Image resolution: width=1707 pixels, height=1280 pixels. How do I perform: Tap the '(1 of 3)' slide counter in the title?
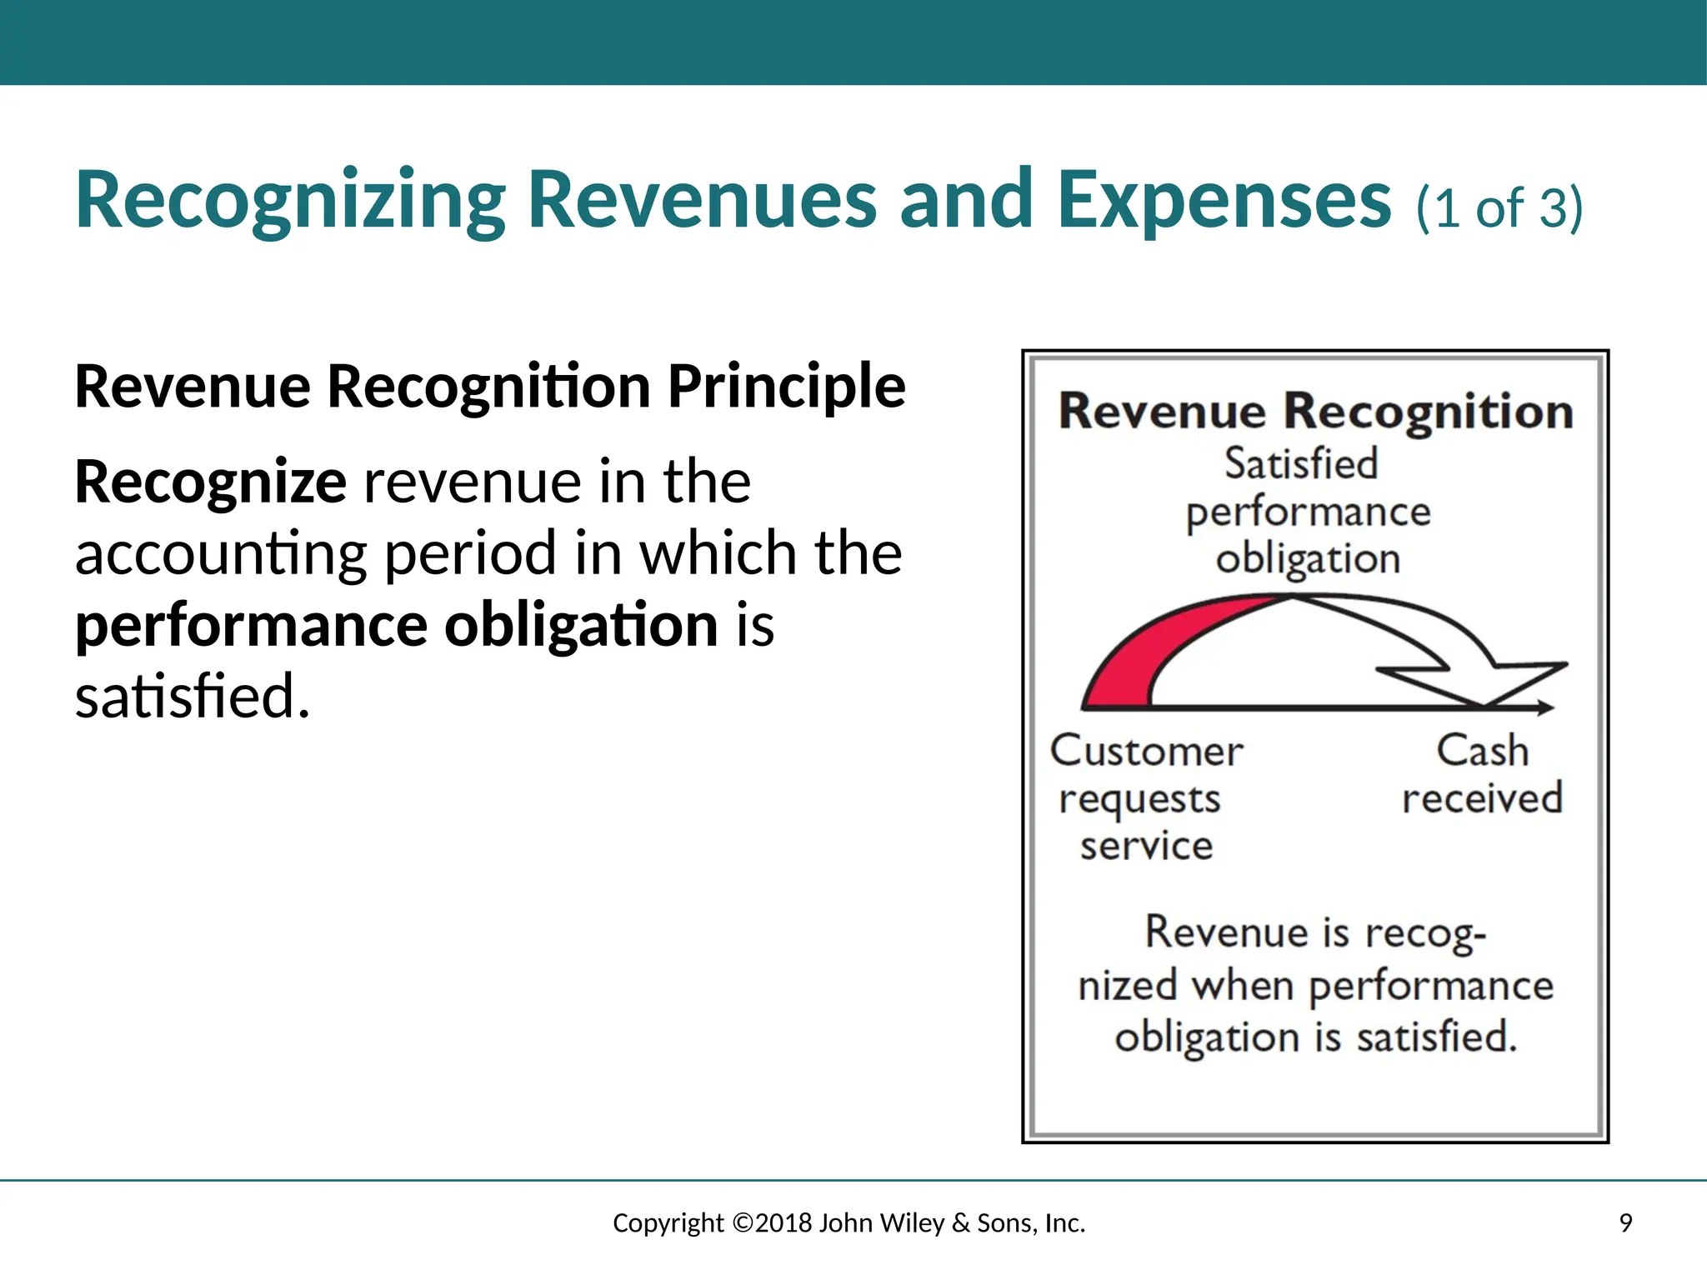[x=1499, y=207]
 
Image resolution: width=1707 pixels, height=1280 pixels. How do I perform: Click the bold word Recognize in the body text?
[x=210, y=483]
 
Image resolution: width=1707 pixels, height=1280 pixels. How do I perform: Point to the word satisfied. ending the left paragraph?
[x=193, y=696]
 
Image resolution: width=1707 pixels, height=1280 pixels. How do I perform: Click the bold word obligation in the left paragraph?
[x=581, y=626]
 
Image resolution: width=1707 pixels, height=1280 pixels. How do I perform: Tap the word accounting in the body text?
[x=221, y=555]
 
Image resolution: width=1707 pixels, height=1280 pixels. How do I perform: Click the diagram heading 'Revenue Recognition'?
[x=1315, y=412]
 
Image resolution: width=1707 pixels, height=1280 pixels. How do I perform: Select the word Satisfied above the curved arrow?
[x=1300, y=463]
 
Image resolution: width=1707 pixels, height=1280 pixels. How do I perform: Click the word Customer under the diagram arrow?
[x=1146, y=751]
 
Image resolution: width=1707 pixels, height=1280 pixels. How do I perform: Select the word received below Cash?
[x=1482, y=798]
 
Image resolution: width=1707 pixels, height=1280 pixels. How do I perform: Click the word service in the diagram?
[x=1146, y=846]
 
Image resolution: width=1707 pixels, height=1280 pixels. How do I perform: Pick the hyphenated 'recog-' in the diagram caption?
[x=1424, y=932]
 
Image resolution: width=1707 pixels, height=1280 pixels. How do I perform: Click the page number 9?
[x=1625, y=1223]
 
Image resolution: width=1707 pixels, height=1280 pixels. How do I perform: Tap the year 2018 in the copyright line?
[x=783, y=1223]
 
